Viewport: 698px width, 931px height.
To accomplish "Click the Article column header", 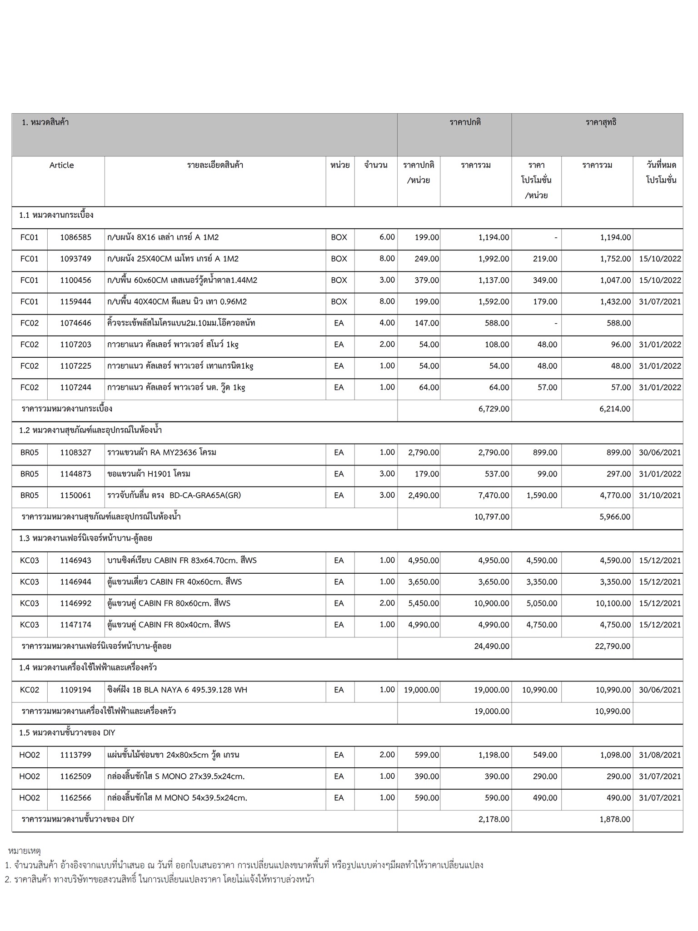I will [x=61, y=165].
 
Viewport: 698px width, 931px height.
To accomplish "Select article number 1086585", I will [x=75, y=237].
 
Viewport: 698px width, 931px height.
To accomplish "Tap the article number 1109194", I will [x=75, y=690].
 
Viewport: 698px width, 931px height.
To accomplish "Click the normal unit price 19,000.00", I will [x=421, y=690].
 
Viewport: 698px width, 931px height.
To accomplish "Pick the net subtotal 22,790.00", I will [x=612, y=646].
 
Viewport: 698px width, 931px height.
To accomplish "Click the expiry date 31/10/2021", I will [x=660, y=495].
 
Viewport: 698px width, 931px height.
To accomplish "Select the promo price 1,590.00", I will [x=542, y=495].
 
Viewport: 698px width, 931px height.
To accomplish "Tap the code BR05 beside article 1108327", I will [x=30, y=452].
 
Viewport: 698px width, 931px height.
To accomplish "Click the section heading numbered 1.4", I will [x=88, y=667].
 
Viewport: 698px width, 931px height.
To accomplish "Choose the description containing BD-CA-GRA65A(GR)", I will [x=174, y=495].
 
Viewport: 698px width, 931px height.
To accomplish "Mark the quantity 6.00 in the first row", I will [x=387, y=237].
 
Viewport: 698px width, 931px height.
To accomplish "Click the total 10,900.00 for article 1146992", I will [x=491, y=603].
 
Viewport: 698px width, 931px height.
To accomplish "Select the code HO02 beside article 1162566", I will [x=30, y=797].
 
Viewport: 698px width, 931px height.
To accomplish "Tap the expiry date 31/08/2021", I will [x=660, y=755].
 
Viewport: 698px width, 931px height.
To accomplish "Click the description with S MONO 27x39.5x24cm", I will [x=176, y=776].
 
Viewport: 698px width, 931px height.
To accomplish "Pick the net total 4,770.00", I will [x=615, y=495].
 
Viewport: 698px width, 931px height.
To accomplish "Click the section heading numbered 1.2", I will [x=90, y=430].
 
